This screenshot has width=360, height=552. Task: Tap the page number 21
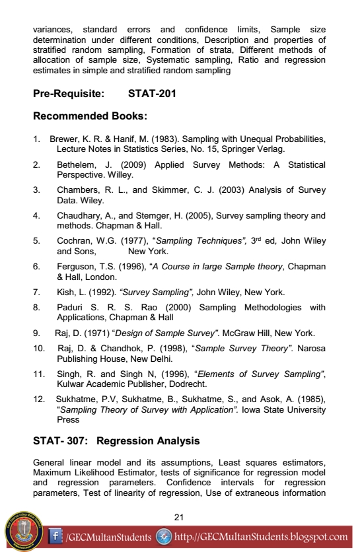178,516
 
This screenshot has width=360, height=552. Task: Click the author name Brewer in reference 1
63,140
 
